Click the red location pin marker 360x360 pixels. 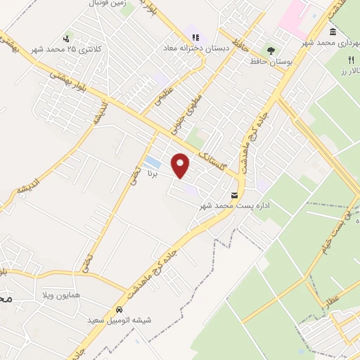(x=181, y=165)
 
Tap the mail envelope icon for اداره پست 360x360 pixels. (x=235, y=194)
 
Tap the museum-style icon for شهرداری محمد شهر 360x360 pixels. (x=332, y=32)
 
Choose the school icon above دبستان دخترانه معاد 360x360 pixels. (x=195, y=37)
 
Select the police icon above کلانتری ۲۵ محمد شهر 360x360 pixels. (x=67, y=38)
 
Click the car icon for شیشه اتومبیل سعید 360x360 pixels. (x=119, y=309)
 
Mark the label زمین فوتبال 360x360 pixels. (x=108, y=4)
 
